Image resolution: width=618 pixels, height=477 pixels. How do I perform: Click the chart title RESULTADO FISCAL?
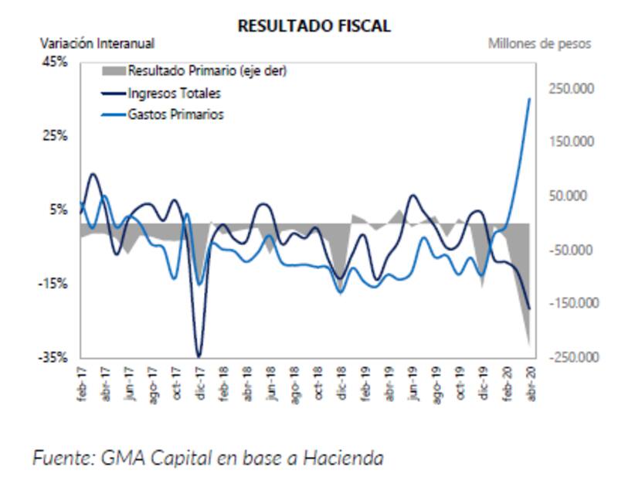pos(314,26)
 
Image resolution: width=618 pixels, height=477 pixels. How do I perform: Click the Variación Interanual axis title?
pos(97,44)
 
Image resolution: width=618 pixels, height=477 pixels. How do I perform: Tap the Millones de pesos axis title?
pos(539,44)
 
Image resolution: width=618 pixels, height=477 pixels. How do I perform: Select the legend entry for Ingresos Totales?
pos(174,94)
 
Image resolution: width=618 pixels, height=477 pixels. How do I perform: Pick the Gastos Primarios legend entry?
pos(175,114)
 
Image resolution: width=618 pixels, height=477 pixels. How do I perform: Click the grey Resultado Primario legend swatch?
pos(113,71)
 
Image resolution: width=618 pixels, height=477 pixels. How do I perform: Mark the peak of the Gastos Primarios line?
pos(529,99)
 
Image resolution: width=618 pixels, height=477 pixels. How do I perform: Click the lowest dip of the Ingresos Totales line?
pos(199,356)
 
